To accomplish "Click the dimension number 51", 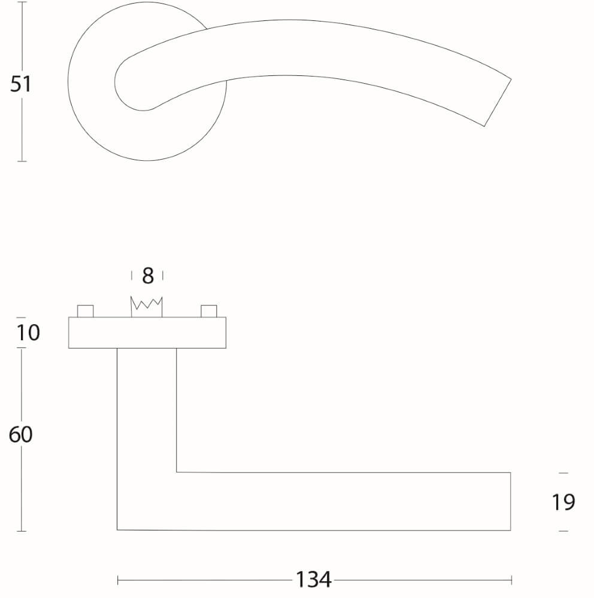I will click(20, 84).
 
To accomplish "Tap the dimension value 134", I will click(313, 579).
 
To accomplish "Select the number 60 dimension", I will click(21, 435).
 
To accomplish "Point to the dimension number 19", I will click(563, 502).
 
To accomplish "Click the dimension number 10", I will click(28, 332).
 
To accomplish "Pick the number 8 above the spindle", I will click(147, 276).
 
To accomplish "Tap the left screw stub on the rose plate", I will click(86, 311).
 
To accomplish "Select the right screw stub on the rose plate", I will click(208, 311).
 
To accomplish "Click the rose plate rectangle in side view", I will click(147, 332).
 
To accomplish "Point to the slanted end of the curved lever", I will click(497, 102).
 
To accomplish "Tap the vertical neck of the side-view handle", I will click(147, 413).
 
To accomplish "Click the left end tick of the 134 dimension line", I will click(118, 579).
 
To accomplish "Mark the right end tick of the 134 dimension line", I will click(511, 579).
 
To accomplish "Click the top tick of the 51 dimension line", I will click(22, 2).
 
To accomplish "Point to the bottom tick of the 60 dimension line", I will click(22, 530).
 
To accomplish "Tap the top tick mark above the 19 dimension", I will click(563, 473).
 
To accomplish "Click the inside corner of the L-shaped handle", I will click(177, 472).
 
